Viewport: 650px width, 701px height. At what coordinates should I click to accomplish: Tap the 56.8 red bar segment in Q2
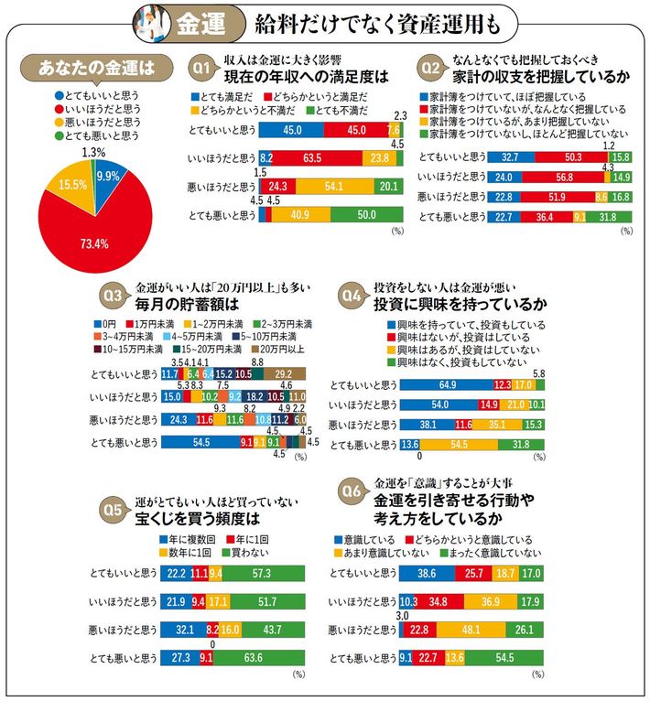tap(536, 177)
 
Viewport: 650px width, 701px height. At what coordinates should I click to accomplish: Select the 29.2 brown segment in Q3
tap(283, 373)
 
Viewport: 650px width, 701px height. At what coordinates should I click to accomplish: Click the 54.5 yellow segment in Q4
tap(459, 445)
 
